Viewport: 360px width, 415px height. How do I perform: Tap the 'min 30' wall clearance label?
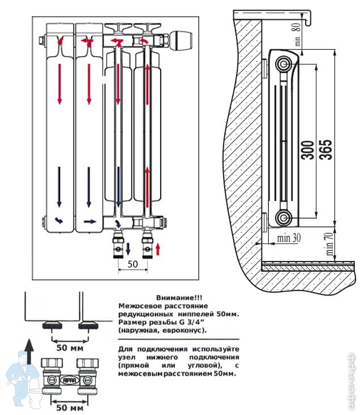288,238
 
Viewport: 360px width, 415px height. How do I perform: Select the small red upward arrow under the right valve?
159,248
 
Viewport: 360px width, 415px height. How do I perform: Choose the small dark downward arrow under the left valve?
128,248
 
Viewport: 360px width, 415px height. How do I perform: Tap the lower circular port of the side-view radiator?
284,217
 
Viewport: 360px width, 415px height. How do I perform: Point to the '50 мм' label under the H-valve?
70,407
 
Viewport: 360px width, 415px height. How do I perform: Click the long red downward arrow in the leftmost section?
59,84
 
